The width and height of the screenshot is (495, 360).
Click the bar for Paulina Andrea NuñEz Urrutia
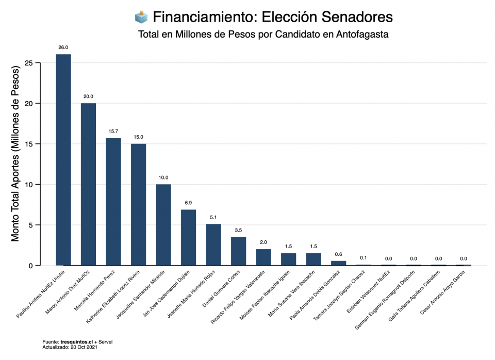click(x=63, y=160)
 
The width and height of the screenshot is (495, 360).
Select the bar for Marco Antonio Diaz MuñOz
click(x=88, y=184)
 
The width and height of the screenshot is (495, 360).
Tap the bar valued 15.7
click(x=113, y=202)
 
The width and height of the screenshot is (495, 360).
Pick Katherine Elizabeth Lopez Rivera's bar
click(x=138, y=204)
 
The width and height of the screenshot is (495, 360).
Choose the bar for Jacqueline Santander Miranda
click(x=163, y=225)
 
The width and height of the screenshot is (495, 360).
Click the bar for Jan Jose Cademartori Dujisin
click(x=188, y=237)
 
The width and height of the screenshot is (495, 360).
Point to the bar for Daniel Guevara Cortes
click(x=238, y=251)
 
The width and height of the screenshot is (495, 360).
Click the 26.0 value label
click(x=63, y=47)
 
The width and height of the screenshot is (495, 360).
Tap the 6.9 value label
click(x=188, y=203)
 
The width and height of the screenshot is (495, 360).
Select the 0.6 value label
click(x=339, y=254)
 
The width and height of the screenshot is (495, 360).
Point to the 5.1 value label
click(x=213, y=217)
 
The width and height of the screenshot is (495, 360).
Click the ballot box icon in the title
click(x=141, y=17)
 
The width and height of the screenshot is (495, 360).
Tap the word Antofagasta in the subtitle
click(x=362, y=35)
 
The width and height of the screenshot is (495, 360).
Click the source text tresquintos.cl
click(x=76, y=341)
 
